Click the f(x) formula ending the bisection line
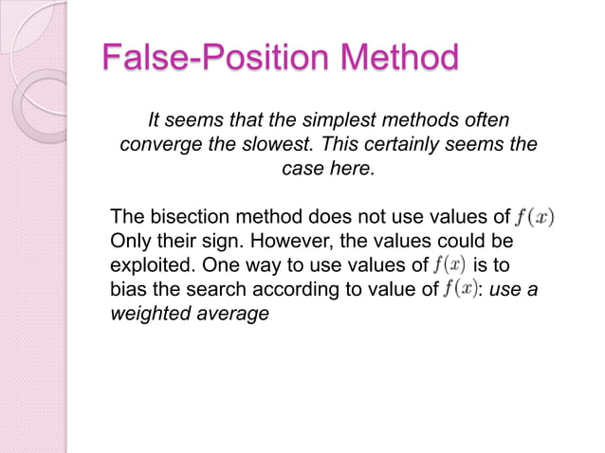[534, 216]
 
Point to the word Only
[130, 241]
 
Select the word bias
[128, 290]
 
